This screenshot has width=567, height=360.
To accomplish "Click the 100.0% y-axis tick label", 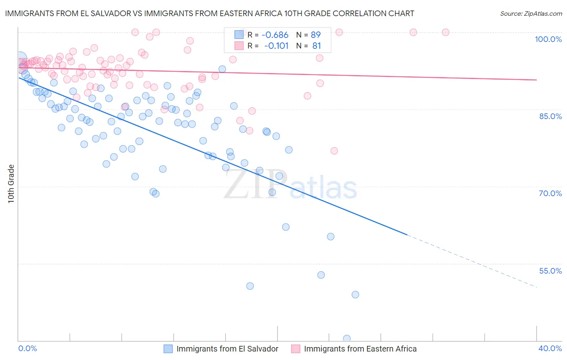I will [548, 39].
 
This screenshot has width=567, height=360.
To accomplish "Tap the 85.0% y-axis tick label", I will [550, 116].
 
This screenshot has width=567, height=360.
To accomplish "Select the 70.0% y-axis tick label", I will [550, 193].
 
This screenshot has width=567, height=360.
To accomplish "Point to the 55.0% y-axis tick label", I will [550, 271].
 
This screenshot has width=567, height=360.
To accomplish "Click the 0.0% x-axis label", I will [27, 348].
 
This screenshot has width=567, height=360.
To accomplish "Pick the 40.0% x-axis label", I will [550, 348].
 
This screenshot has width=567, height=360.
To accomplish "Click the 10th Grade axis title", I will [11, 184].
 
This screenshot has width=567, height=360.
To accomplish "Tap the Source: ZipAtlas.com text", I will [531, 14].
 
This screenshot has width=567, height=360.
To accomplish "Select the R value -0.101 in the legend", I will [276, 46].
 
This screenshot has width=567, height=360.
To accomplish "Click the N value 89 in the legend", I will [315, 35].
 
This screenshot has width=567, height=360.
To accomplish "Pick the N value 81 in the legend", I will [317, 46].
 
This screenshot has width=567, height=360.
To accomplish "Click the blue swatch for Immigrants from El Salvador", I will [168, 349].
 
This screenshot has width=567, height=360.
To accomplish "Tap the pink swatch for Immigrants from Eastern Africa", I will [296, 349].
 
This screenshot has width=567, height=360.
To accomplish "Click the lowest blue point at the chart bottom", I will [346, 339].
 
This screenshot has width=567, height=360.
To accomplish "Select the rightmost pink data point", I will [446, 32].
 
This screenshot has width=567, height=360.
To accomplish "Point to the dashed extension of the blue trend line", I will [472, 261].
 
